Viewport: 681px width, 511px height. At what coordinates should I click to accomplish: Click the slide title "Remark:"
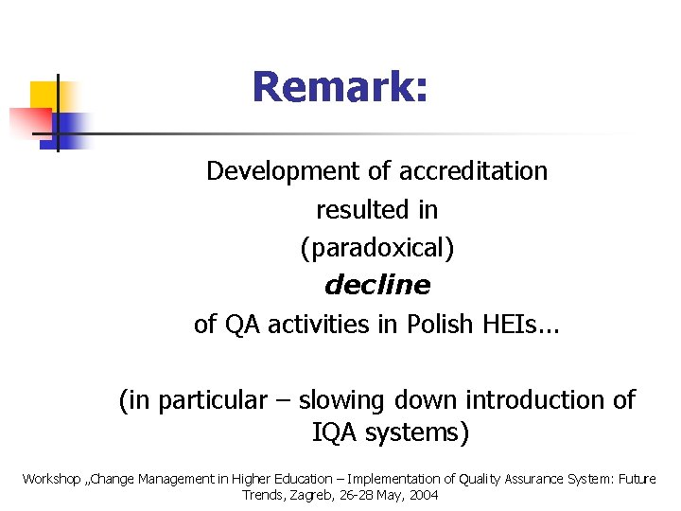pos(340,88)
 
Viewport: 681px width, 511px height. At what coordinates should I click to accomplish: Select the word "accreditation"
pos(473,171)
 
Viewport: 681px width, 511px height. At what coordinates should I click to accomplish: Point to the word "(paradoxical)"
pos(376,248)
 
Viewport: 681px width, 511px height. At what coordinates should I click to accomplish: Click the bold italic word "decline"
pos(376,285)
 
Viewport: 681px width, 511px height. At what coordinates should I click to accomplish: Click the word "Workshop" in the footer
pos(51,479)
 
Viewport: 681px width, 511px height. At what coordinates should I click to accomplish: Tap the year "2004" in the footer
pos(422,495)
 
